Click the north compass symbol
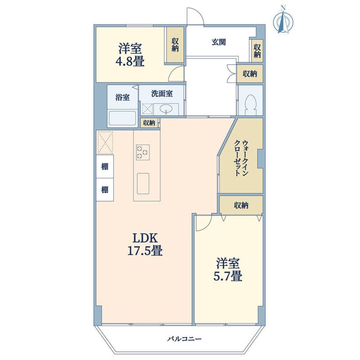point(283,21)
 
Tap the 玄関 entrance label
point(219,42)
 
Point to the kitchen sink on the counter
point(143,184)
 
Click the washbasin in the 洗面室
point(166,109)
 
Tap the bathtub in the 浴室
point(122,118)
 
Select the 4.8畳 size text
point(130,62)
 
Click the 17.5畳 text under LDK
point(145,251)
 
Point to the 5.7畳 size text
point(228,276)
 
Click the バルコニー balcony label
point(184,339)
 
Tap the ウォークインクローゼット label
point(241,158)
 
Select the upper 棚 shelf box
point(105,166)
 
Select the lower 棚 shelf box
point(105,189)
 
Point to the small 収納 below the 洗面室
point(149,123)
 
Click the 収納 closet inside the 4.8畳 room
point(175,45)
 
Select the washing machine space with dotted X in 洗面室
point(147,109)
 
